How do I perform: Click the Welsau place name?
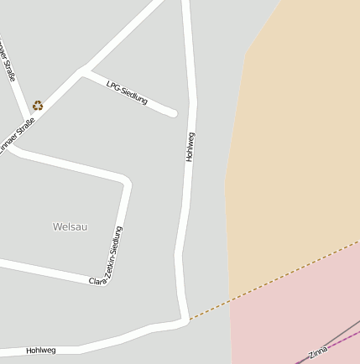coord(70,226)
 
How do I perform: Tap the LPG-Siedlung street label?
coord(128,92)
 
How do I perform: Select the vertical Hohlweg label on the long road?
coord(190,147)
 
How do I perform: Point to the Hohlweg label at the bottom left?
coord(40,350)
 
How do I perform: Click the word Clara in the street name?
coord(97,279)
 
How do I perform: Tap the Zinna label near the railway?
coord(318,352)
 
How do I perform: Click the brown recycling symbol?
coord(38,106)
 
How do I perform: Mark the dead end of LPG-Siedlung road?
coord(174,112)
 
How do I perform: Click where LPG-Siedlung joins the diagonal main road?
coord(84,72)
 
